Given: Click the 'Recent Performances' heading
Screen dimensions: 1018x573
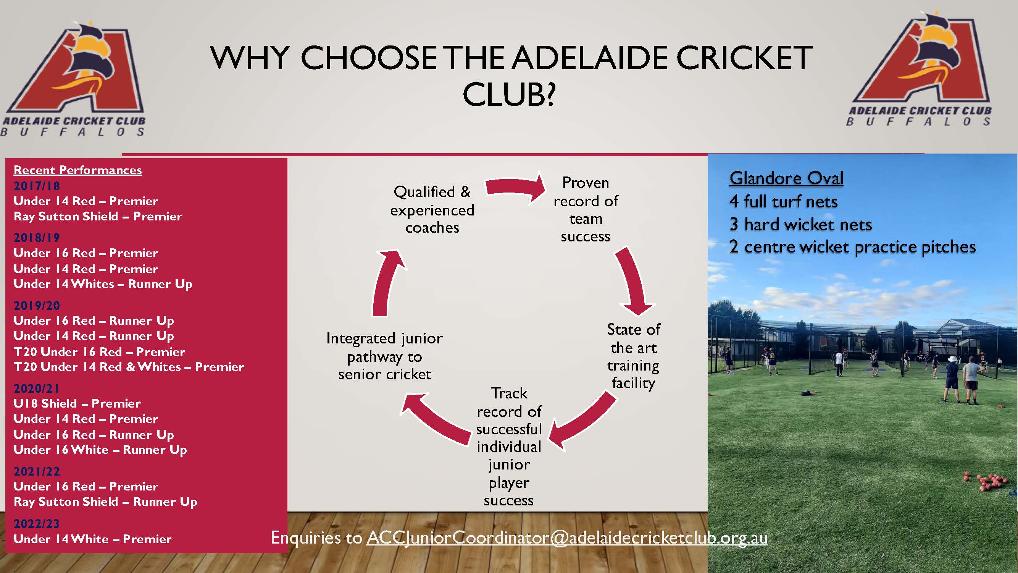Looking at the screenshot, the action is point(78,170).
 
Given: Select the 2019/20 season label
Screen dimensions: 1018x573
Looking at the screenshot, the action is point(37,305).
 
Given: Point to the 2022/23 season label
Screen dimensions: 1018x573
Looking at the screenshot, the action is point(37,524).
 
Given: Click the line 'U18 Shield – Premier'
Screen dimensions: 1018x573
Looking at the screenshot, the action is point(77,403).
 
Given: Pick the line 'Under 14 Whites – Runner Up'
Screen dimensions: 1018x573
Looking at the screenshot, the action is point(103,284).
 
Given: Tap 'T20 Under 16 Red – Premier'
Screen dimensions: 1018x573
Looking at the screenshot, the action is point(99,351).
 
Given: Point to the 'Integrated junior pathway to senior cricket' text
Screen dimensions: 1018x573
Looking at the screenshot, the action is point(384,356).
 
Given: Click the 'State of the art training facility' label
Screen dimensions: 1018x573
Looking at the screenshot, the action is point(634,356).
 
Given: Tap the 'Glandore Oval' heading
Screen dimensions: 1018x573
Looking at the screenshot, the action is point(786,178).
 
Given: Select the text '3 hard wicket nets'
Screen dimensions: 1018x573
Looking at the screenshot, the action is point(801,225).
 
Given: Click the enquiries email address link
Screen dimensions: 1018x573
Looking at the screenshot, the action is point(567,538).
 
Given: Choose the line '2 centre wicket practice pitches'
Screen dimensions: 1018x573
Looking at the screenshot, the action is point(853,247).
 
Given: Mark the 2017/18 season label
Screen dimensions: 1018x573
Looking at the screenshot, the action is point(37,186).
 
